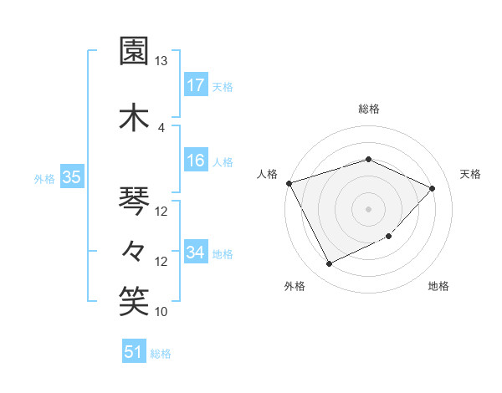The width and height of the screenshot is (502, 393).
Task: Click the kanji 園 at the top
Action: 135,51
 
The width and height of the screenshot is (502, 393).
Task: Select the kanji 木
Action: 135,115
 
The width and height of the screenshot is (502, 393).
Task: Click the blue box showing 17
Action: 196,85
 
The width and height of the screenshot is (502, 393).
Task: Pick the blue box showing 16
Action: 196,161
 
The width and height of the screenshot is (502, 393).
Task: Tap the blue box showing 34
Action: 196,253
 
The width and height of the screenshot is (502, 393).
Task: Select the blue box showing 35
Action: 71,178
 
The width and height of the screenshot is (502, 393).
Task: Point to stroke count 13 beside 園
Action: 161,61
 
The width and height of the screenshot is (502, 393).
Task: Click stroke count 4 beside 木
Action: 161,127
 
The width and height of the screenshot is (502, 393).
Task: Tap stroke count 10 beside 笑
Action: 161,312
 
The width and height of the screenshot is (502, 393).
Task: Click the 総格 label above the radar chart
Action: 369,109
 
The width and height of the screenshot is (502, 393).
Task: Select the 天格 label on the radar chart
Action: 471,174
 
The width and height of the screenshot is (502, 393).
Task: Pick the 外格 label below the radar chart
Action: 295,286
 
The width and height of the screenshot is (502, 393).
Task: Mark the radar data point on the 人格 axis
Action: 289,182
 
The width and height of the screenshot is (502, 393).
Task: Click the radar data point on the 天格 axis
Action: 433,188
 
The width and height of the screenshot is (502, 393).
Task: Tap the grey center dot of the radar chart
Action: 369,208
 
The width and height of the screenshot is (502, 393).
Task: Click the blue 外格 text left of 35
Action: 44,178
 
